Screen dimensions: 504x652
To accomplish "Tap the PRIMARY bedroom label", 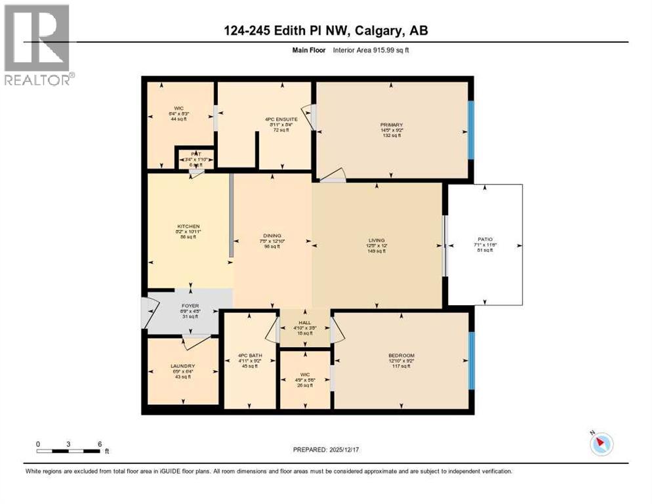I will coord(391,125).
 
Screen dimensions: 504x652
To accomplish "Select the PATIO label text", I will coord(485,239).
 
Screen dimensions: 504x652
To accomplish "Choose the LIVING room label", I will coord(377,240).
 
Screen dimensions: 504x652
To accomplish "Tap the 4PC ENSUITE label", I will coord(281,119).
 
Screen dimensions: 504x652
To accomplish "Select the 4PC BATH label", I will coord(249,356).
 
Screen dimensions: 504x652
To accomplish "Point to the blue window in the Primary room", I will coord(470,130).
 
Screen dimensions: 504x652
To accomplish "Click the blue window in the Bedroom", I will coord(470,361).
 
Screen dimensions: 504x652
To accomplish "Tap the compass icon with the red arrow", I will coord(601,444).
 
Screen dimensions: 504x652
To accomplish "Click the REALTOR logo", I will coord(37,43).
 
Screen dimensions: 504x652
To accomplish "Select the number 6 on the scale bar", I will coord(100,444).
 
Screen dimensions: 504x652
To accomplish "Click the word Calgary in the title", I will coord(379,31).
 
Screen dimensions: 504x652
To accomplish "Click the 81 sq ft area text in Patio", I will coord(485,250).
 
